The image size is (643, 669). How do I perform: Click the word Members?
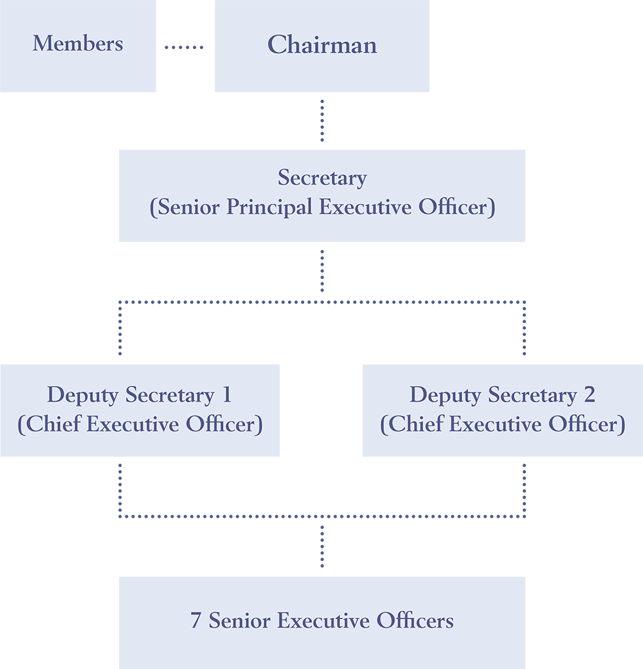tap(78, 44)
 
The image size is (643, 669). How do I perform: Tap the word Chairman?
tap(322, 45)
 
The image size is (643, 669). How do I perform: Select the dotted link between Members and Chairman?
tap(184, 47)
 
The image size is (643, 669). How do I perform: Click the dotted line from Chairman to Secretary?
tap(322, 121)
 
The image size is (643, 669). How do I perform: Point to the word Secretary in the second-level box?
tap(322, 178)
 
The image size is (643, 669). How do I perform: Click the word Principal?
tap(269, 207)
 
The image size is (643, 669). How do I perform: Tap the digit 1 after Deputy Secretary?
tap(227, 395)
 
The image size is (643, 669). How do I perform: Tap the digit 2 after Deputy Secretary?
tap(590, 395)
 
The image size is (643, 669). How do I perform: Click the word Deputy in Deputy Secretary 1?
tap(83, 396)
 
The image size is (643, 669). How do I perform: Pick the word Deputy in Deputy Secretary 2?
tap(446, 396)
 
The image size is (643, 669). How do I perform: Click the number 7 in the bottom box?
tap(195, 621)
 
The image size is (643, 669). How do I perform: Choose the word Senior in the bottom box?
tap(240, 621)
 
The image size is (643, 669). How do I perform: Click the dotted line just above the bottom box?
tap(322, 547)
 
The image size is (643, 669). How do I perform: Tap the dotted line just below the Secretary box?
tap(322, 271)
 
